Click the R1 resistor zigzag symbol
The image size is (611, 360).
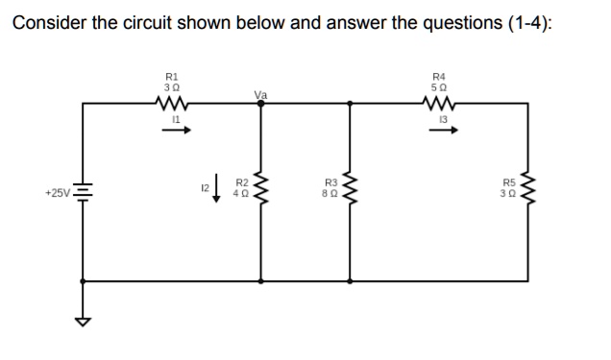(x=172, y=103)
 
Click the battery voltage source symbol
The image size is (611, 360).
(x=83, y=193)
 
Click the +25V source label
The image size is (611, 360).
(x=56, y=193)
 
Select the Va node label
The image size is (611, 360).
(x=259, y=94)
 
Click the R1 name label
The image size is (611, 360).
(x=172, y=74)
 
